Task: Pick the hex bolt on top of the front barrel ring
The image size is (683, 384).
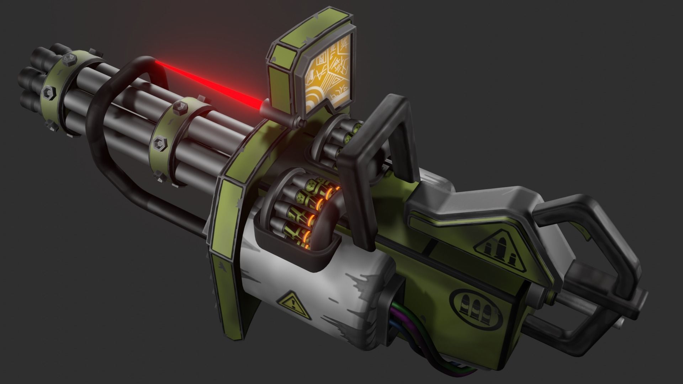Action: coord(70,58)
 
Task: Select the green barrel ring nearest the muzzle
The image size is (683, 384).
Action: coord(60,96)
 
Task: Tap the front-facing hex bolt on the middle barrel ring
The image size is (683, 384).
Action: coord(159,142)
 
